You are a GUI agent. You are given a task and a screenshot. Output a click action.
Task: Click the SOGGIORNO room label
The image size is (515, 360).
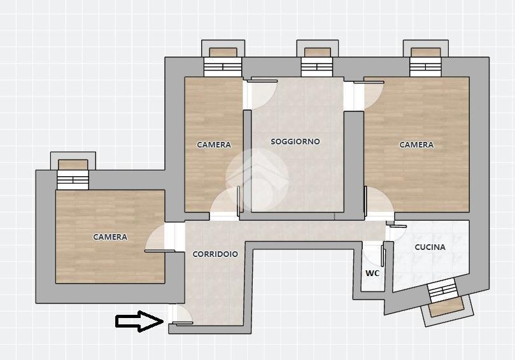click(295, 141)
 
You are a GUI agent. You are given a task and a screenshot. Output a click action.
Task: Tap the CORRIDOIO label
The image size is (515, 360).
click(215, 254)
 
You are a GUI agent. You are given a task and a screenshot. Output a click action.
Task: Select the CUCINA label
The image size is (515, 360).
click(430, 247)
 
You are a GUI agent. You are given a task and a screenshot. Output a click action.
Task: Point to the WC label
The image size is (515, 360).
click(372, 273)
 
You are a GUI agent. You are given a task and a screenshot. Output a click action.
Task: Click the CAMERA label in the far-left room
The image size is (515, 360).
click(110, 237)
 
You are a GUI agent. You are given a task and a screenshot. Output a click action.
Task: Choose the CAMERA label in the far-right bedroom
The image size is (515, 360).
click(416, 145)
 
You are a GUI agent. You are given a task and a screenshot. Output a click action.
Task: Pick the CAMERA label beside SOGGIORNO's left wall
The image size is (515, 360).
click(214, 145)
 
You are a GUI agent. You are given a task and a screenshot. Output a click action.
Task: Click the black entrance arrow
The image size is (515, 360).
click(139, 321)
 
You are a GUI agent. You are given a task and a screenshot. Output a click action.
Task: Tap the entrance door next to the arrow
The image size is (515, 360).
click(180, 314)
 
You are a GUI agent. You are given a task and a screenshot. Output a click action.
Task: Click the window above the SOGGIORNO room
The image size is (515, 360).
click(317, 58)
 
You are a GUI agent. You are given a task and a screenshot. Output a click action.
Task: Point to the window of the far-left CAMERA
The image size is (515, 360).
click(73, 170)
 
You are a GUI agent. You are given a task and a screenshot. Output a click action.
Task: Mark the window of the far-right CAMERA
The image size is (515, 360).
click(426, 58)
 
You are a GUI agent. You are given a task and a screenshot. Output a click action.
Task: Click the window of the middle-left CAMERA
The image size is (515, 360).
click(223, 58)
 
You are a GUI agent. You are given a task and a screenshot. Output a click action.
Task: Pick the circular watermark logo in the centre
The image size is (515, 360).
click(257, 180)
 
